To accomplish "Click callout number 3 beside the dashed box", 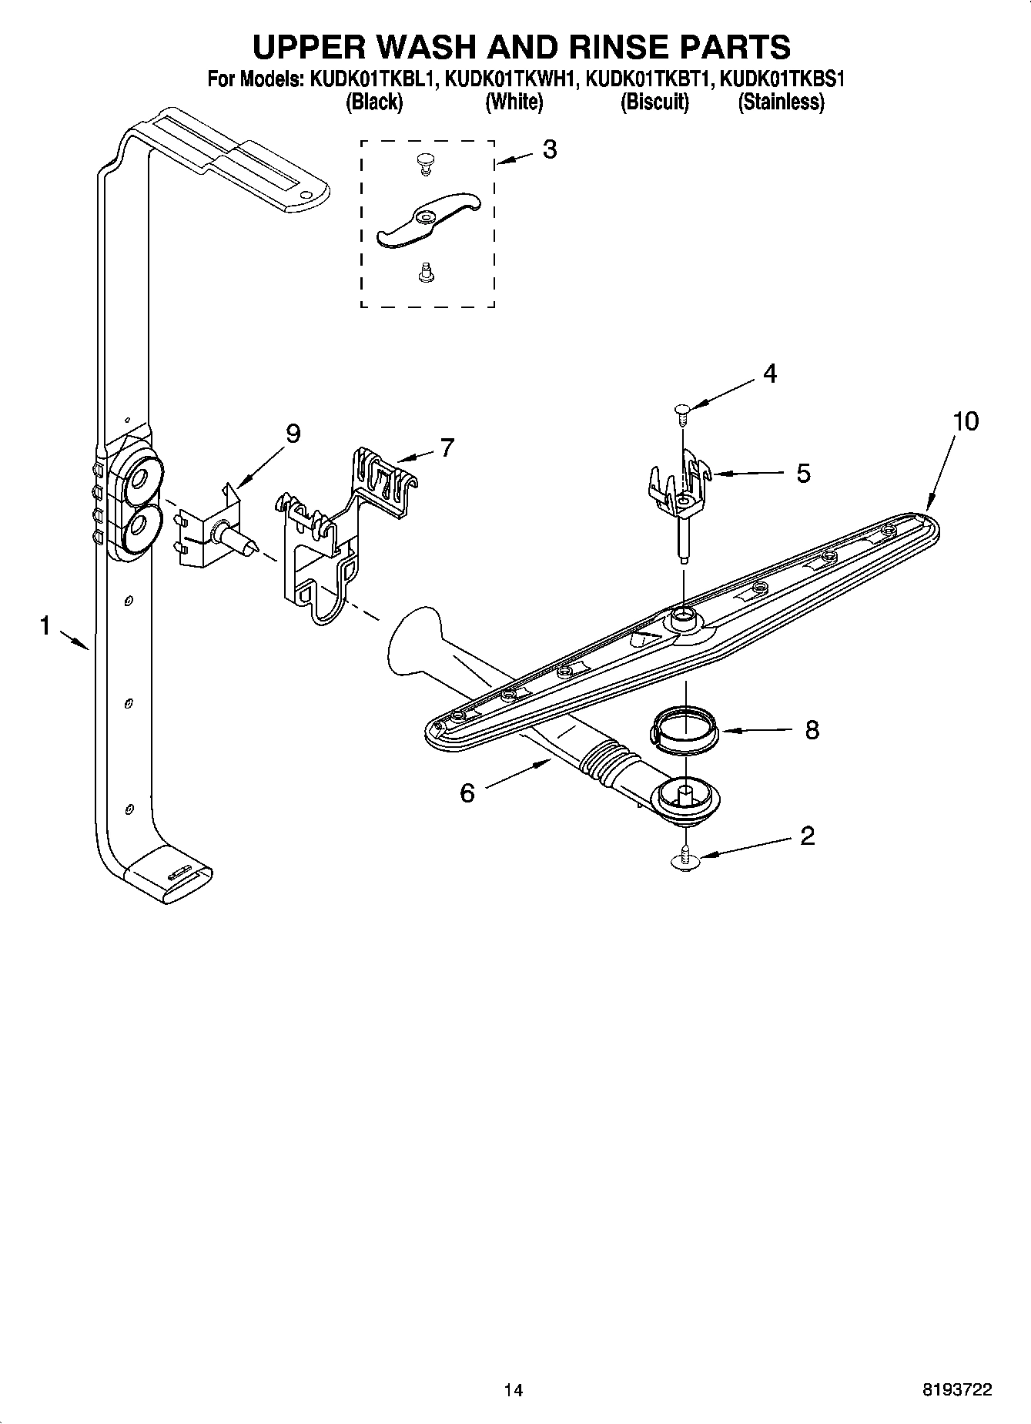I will pyautogui.click(x=549, y=149).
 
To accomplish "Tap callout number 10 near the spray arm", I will pyautogui.click(x=966, y=421).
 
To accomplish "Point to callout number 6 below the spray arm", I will pyautogui.click(x=467, y=792).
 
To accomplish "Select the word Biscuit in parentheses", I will pyautogui.click(x=654, y=102).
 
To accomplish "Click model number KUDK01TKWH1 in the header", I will pyautogui.click(x=510, y=79).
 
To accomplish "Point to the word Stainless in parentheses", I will pyautogui.click(x=781, y=102).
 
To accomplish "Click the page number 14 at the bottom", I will pyautogui.click(x=513, y=1390).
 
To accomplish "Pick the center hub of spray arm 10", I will pyautogui.click(x=682, y=616).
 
